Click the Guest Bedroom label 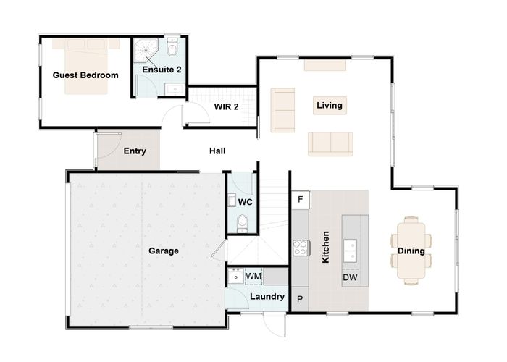coord(85,75)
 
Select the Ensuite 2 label coord(161,70)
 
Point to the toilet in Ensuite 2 coord(172,50)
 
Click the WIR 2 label coord(226,106)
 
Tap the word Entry coord(135,151)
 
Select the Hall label coord(217,151)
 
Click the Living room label coord(329,106)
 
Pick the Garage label coord(164,251)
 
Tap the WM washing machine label coord(253,276)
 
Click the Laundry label coord(267,297)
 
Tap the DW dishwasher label coord(349,277)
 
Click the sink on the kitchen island coord(350,250)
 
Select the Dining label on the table coord(411,251)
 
